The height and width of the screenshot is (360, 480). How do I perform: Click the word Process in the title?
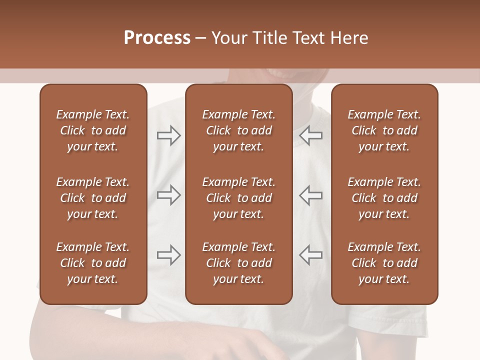pyautogui.click(x=157, y=38)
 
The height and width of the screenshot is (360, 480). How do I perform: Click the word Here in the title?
pyautogui.click(x=349, y=38)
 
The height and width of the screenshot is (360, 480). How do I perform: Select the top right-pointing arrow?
pyautogui.click(x=168, y=135)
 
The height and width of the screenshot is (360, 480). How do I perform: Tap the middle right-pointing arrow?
pyautogui.click(x=168, y=195)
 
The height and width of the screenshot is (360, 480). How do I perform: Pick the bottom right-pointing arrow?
pyautogui.click(x=168, y=255)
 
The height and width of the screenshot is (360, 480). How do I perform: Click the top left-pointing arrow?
pyautogui.click(x=310, y=135)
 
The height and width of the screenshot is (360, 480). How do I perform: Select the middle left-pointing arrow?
pyautogui.click(x=310, y=195)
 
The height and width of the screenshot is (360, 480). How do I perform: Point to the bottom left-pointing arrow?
pyautogui.click(x=310, y=255)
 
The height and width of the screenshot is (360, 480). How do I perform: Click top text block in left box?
pyautogui.click(x=93, y=130)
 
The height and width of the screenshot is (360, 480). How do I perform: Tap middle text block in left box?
pyautogui.click(x=93, y=198)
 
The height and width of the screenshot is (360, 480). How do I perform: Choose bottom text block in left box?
pyautogui.click(x=93, y=263)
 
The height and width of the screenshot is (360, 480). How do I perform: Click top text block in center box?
pyautogui.click(x=238, y=130)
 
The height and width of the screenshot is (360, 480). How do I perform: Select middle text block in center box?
pyautogui.click(x=238, y=198)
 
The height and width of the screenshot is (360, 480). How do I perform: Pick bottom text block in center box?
pyautogui.click(x=238, y=263)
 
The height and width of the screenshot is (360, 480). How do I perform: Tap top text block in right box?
pyautogui.click(x=384, y=130)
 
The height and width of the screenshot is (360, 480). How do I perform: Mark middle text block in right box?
pyautogui.click(x=384, y=198)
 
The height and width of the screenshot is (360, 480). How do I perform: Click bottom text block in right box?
pyautogui.click(x=384, y=263)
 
